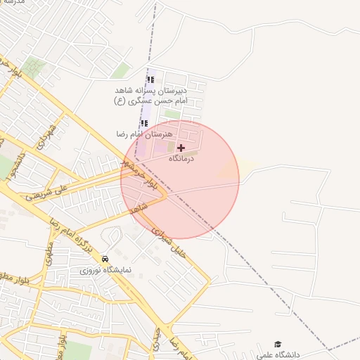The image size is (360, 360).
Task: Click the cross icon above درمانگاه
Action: click(181, 148)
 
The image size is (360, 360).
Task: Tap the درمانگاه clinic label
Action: click(185, 159)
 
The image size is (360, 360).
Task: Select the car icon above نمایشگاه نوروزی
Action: click(105, 258)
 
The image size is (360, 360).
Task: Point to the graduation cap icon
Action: click(278, 344)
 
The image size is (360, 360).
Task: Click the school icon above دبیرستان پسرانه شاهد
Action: click(150, 79)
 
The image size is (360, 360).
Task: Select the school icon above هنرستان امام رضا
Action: click(146, 124)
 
